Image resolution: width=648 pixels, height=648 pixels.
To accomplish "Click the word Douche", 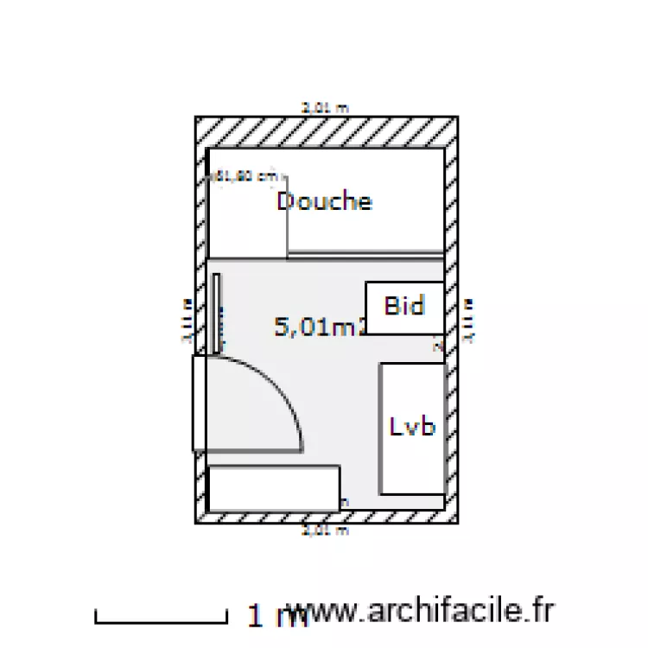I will click(324, 201).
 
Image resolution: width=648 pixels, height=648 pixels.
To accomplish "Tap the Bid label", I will click(403, 305).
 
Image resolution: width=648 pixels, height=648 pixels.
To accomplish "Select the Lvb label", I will click(411, 427).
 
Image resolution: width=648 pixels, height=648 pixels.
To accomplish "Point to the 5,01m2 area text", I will click(318, 327).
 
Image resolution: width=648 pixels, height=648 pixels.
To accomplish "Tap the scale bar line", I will click(160, 619).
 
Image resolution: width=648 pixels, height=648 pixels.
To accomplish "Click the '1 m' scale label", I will click(266, 616).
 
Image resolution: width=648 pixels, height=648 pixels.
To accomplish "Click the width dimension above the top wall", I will click(325, 109).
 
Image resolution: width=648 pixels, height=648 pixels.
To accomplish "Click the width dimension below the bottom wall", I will click(325, 530).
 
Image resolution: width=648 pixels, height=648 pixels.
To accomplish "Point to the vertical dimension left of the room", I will click(186, 321).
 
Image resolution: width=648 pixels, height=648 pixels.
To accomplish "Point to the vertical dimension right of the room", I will click(469, 321).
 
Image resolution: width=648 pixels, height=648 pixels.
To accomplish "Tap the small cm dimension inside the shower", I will click(246, 176).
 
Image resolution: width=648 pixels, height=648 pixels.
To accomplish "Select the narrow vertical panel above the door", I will click(216, 313).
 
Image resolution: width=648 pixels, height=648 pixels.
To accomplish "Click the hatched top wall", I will click(325, 131).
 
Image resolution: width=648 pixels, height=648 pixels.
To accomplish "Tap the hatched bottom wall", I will click(325, 516).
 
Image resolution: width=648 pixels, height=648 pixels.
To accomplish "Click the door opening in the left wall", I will click(199, 403).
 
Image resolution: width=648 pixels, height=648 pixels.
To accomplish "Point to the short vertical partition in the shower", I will click(287, 216).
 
